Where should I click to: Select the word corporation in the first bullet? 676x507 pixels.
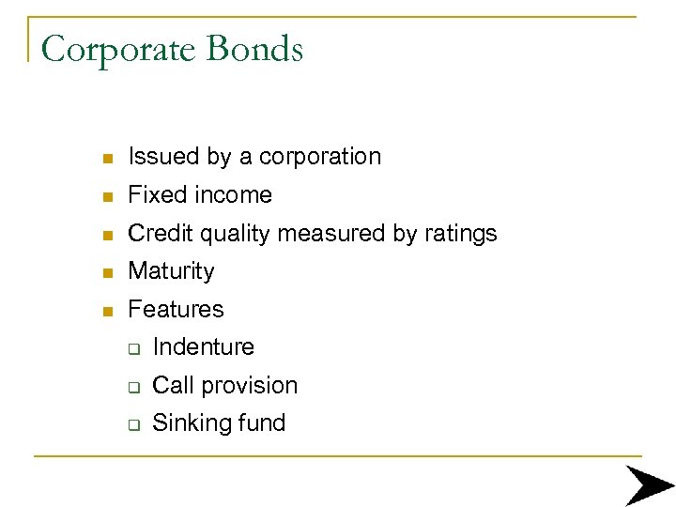(x=320, y=157)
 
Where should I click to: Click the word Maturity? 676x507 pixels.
(x=171, y=271)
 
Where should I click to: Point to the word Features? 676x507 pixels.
(x=176, y=309)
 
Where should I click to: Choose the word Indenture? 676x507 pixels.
(x=203, y=347)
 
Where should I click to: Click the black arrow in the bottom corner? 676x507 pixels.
(x=649, y=484)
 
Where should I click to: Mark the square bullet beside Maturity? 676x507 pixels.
(x=108, y=272)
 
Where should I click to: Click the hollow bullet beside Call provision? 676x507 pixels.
(x=133, y=387)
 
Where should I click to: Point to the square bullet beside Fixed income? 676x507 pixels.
(x=108, y=196)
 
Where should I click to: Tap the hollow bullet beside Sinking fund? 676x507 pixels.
(x=133, y=424)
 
